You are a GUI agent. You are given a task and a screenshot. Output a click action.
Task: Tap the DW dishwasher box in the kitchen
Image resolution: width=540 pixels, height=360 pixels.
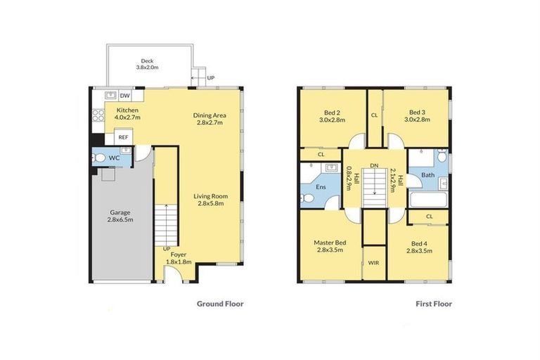(124, 96)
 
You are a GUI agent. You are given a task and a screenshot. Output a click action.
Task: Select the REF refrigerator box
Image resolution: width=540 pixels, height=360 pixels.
(123, 138)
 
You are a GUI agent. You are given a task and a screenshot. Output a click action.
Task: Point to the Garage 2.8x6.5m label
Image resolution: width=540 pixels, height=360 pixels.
(121, 215)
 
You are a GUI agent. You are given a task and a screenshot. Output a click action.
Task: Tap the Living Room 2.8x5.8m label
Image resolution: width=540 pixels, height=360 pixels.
(210, 200)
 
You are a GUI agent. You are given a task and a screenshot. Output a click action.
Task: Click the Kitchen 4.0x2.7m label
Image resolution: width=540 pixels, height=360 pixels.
(128, 114)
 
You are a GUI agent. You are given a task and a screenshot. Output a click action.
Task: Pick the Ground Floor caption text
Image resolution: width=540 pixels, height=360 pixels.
(219, 304)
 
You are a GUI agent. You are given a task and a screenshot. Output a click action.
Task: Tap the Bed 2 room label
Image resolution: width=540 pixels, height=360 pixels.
(330, 115)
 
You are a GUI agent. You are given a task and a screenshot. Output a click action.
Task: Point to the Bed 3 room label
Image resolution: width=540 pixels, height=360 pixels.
(418, 115)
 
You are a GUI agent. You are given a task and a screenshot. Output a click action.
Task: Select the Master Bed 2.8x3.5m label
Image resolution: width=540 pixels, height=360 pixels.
(328, 246)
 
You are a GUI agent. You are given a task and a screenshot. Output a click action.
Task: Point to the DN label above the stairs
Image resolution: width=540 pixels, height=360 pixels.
(374, 165)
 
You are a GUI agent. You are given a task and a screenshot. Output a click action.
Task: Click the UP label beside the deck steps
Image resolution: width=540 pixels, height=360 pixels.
(210, 77)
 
